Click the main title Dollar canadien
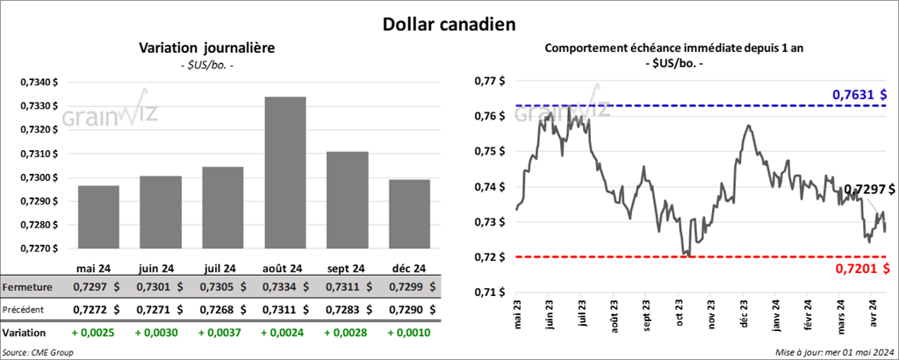tap(449, 24)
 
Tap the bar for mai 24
tap(98, 216)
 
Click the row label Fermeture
tap(28, 287)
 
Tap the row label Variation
tap(25, 334)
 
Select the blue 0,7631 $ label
tap(859, 94)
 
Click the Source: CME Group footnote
tap(38, 352)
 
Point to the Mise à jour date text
tap(835, 352)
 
